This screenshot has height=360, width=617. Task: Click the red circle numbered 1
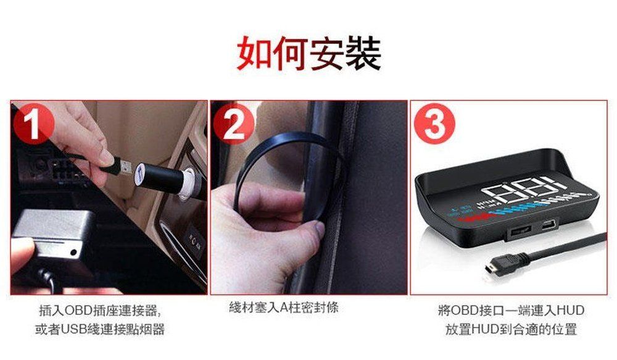point(34,123)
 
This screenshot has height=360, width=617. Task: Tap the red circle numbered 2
point(234,123)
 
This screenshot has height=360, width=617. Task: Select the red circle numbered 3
point(434,123)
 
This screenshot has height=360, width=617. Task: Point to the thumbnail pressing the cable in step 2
point(317,229)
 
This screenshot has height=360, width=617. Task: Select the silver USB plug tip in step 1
point(125,166)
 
